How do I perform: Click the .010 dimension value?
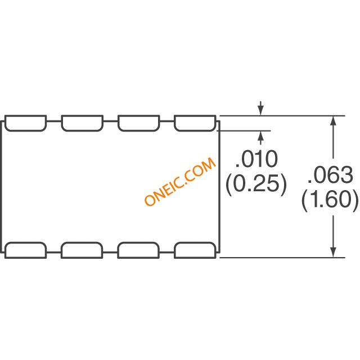(x=256, y=159)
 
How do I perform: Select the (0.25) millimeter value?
(x=256, y=184)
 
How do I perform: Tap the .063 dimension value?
(x=330, y=175)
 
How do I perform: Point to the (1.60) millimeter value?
(x=330, y=200)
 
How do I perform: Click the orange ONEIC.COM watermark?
(x=180, y=182)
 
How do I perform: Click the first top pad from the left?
(x=25, y=123)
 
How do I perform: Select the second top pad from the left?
(x=82, y=123)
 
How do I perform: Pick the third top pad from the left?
(x=139, y=123)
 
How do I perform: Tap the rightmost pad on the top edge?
(x=195, y=123)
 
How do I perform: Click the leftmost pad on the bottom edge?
(x=25, y=250)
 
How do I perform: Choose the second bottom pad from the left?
(x=82, y=250)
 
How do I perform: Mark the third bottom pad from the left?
(x=138, y=250)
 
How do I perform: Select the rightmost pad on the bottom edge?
(x=195, y=250)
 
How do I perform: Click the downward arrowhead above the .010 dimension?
(x=260, y=111)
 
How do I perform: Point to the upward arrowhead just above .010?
(x=260, y=136)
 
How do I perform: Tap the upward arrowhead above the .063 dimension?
(x=333, y=121)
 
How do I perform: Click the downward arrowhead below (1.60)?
(x=333, y=253)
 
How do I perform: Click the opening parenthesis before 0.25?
(x=229, y=184)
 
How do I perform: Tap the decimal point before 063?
(x=309, y=182)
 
